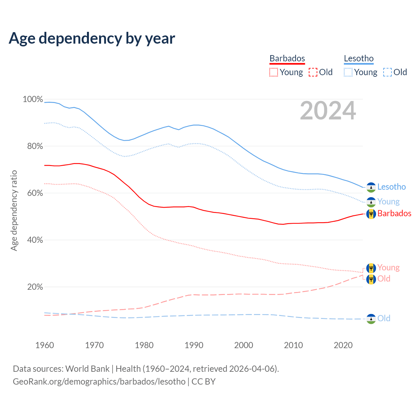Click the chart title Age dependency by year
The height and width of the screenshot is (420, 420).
pos(92,38)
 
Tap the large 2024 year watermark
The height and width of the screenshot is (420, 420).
pos(328,111)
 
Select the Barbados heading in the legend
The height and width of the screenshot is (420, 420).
pos(287,58)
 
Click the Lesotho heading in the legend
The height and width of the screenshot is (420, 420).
pos(359,58)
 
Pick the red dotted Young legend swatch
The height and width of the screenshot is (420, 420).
pos(274,72)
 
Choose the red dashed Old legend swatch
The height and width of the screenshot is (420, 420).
pos(313,72)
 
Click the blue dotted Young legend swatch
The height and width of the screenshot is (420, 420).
pos(348,72)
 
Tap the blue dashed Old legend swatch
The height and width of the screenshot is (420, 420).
pos(388,72)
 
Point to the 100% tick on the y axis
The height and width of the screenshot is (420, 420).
pos(33,99)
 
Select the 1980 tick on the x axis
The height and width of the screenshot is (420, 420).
pos(144,345)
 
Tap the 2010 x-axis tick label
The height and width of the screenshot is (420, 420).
pos(293,345)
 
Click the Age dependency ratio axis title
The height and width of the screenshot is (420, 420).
pos(14,210)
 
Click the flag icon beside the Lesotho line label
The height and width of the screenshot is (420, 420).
pos(371,187)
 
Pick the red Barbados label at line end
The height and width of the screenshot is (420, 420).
pos(394,214)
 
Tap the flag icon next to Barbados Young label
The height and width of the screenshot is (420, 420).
pos(371,268)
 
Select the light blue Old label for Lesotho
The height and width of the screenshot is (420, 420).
pos(384,318)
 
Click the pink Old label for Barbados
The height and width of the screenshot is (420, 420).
pos(384,279)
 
